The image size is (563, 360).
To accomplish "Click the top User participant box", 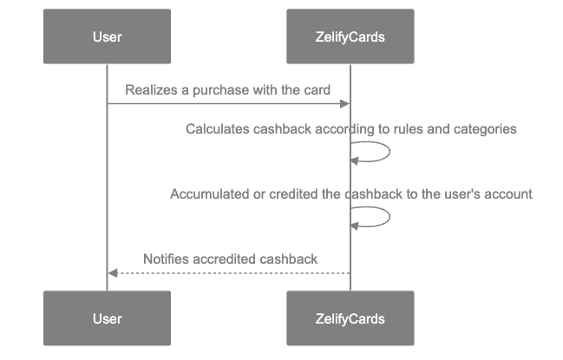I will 107,36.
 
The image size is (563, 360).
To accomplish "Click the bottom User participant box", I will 107,318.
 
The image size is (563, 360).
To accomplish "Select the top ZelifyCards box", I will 350,36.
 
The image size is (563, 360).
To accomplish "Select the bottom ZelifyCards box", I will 350,318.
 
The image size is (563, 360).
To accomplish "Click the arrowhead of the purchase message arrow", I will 345,104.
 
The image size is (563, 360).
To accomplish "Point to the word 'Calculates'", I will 217,129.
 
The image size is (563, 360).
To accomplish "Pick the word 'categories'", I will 487,129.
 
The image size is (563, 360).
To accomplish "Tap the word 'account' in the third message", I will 508,194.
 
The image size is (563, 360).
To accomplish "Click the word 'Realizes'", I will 148,90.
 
